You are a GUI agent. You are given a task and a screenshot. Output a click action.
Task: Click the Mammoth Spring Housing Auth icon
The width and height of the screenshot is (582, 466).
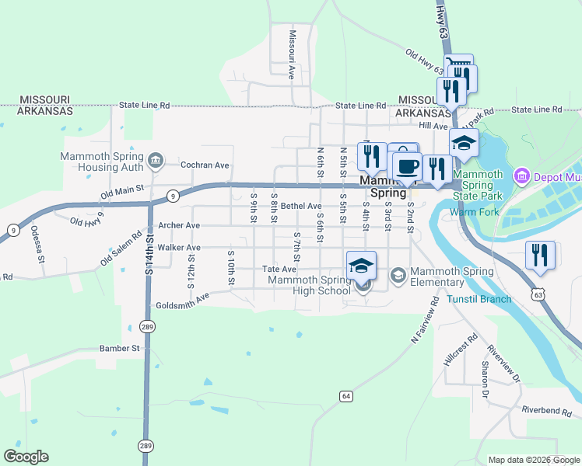pos(156,160)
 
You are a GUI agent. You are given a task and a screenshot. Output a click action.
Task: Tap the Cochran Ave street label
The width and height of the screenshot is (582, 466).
pos(205,165)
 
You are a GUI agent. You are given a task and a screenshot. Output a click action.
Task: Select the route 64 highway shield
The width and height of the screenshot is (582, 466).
pos(346,396)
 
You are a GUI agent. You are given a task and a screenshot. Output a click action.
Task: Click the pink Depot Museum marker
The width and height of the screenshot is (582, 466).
pos(521,176)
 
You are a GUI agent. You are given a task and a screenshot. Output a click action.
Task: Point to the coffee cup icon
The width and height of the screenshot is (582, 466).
pos(406,165)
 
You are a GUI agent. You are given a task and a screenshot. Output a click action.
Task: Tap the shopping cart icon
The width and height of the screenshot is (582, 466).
pos(458,65)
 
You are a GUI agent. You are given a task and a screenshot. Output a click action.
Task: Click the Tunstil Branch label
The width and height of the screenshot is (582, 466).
pos(479,299)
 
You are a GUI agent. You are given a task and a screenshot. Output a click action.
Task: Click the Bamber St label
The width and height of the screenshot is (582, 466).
pos(118,349)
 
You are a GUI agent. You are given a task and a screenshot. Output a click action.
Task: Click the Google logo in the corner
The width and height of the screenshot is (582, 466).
pos(26,457)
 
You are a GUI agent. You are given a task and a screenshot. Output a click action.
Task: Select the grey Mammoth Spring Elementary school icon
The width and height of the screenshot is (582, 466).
pos(398,275)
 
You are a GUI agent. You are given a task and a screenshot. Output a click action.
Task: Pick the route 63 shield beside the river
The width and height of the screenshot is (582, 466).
pos(538,294)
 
